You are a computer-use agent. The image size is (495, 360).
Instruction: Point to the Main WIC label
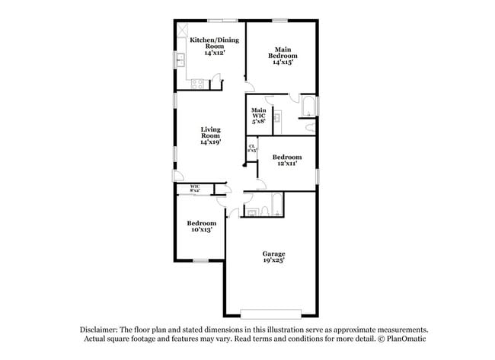pyautogui.click(x=259, y=115)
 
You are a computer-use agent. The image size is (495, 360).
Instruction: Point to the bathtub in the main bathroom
pyautogui.click(x=308, y=105)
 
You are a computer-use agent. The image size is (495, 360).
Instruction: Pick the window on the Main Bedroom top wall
pyautogui.click(x=280, y=19)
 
